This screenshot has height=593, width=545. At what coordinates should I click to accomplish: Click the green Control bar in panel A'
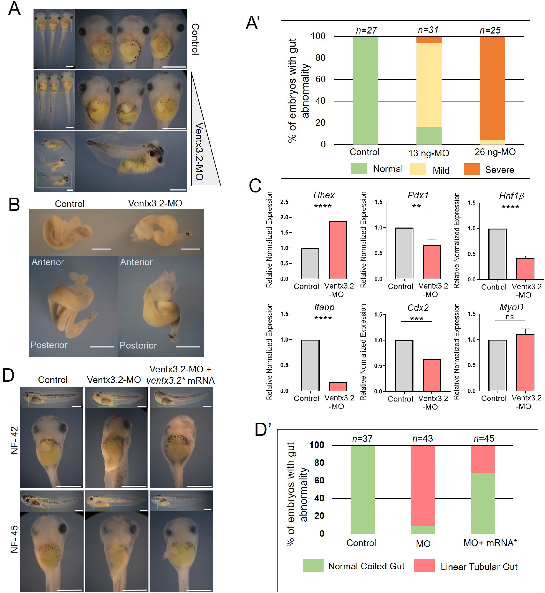pyautogui.click(x=365, y=90)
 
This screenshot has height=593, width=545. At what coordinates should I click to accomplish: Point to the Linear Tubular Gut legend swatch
pyautogui.click(x=424, y=565)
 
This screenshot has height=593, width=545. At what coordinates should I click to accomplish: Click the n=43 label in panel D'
pyautogui.click(x=423, y=438)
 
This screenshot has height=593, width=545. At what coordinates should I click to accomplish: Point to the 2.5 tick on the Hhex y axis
pyautogui.click(x=284, y=202)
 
